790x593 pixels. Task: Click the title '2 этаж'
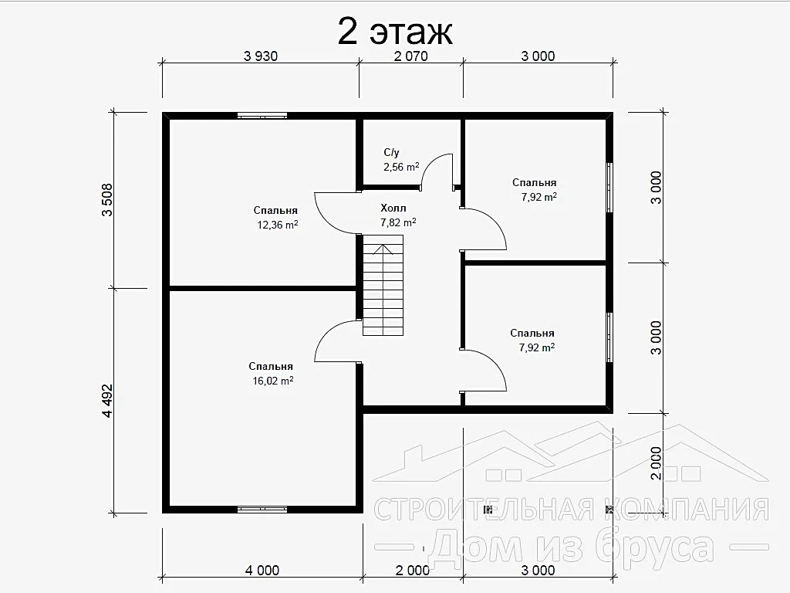tap(395, 32)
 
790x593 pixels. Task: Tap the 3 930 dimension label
tap(261, 56)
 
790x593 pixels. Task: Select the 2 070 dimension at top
tap(410, 56)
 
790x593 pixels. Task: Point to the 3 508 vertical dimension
tap(107, 200)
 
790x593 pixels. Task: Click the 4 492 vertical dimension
tap(107, 401)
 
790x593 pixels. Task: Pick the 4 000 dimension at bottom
tap(262, 571)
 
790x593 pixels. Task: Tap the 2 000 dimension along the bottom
tap(413, 571)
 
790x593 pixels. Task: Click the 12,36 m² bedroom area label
tap(278, 225)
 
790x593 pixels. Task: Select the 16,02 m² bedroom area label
tap(272, 381)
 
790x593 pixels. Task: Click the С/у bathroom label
tap(391, 152)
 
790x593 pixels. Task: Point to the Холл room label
tap(393, 208)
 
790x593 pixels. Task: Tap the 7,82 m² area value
tap(398, 222)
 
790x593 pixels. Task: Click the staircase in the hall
tap(383, 285)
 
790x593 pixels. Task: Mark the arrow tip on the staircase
tap(383, 245)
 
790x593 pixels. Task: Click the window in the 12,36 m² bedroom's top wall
tap(262, 116)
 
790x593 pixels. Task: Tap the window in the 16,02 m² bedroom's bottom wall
tap(262, 510)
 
